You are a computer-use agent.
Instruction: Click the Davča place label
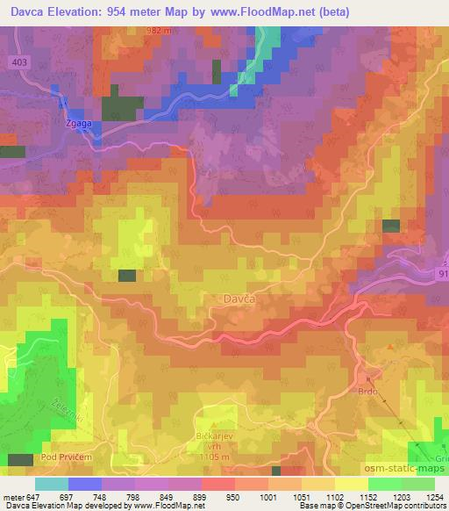(233, 299)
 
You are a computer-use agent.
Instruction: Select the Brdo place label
(367, 391)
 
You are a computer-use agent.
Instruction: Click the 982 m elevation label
(160, 30)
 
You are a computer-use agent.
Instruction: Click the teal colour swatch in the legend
(51, 484)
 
